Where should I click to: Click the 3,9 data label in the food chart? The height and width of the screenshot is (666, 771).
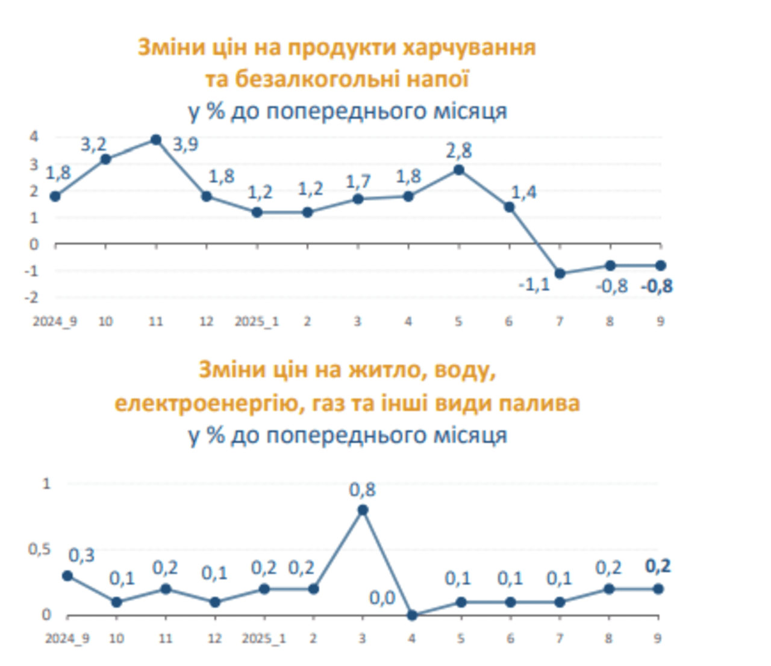tap(186, 145)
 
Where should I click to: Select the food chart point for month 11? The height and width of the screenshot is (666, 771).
tap(156, 140)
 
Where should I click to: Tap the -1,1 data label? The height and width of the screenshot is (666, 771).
tap(534, 284)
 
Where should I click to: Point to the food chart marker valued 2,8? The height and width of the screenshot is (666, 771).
tap(459, 170)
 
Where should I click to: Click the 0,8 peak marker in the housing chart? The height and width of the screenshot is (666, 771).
tap(363, 510)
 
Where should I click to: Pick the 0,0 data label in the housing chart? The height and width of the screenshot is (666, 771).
tap(382, 598)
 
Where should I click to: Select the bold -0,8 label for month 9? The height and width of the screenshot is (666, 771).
tap(657, 286)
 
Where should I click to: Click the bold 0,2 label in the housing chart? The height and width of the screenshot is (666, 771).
tap(657, 566)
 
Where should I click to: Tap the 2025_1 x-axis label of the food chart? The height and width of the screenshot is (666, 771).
tap(257, 322)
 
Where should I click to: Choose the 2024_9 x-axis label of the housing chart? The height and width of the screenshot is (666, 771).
tap(67, 638)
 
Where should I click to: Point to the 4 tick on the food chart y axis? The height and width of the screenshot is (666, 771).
tap(34, 137)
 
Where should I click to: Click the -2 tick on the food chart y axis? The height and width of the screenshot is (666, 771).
tap(31, 297)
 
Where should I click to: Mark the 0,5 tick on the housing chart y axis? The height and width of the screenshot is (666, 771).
tap(39, 549)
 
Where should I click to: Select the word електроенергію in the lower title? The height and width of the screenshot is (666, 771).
tap(210, 403)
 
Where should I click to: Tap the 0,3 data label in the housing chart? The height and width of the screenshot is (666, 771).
tap(81, 555)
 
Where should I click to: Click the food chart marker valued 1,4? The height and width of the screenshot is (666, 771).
tap(509, 207)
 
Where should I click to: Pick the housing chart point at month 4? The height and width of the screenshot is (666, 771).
tap(412, 615)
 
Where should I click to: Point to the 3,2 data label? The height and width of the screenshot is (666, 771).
tap(93, 145)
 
